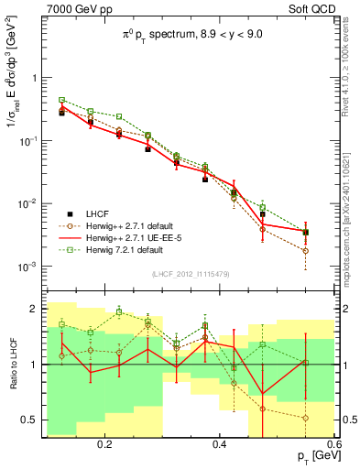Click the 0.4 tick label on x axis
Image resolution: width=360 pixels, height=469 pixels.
point(220,443)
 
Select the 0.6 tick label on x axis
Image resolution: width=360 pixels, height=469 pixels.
point(333,443)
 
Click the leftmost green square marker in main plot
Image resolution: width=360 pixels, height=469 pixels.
point(62,100)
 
